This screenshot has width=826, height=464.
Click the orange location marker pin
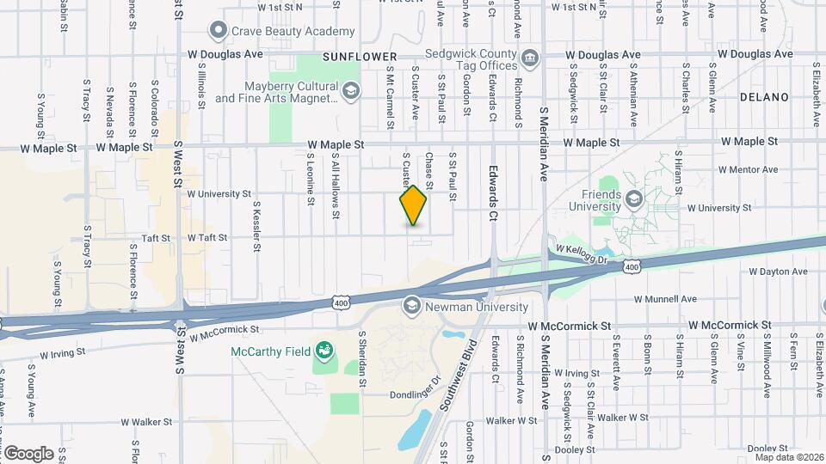413,205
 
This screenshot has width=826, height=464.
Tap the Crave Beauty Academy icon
219,31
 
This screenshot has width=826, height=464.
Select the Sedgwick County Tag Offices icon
530,58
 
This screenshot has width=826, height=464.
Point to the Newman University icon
411,306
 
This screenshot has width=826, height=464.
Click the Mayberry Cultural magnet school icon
350,91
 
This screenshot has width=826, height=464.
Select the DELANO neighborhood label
764,97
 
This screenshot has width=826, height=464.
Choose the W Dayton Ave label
778,272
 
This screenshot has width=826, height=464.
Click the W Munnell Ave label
665,299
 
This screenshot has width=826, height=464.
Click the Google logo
28,453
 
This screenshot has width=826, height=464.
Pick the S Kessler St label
256,227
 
